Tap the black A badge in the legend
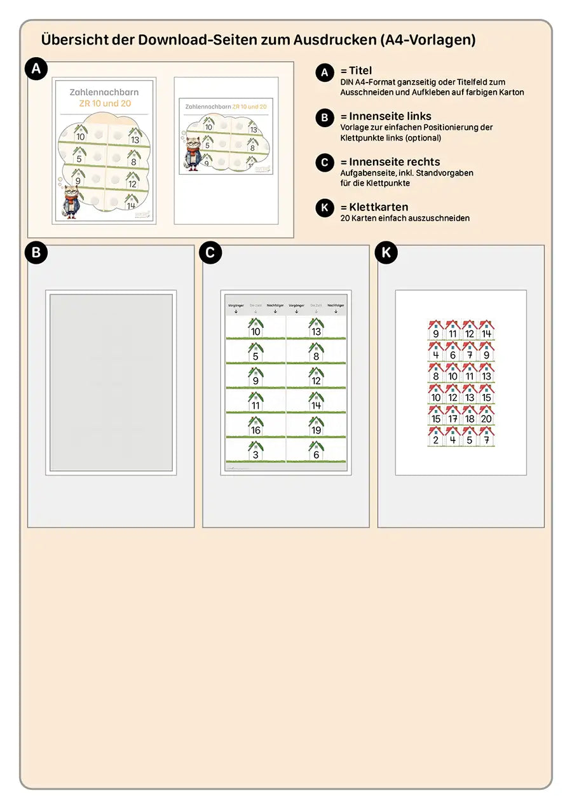click(325, 72)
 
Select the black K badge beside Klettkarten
click(325, 209)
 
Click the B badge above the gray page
click(36, 253)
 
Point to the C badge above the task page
click(211, 253)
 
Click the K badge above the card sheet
click(386, 253)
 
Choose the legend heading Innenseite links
click(390, 116)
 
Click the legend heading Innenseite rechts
click(394, 162)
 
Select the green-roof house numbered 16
click(255, 426)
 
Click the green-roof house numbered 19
click(316, 426)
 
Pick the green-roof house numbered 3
click(255, 451)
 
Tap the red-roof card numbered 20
click(487, 416)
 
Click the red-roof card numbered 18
click(470, 416)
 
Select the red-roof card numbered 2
click(435, 437)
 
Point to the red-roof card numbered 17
click(453, 416)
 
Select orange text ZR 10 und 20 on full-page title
click(104, 103)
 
